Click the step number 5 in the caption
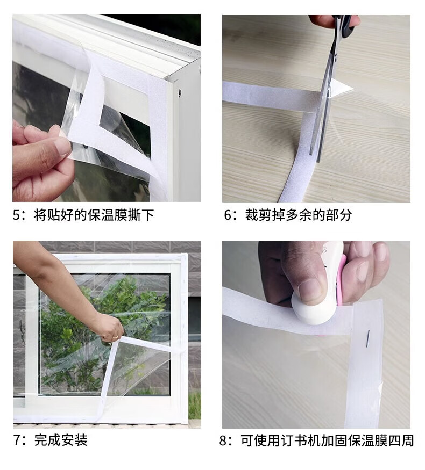coord(17,215)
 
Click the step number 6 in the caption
coord(228,215)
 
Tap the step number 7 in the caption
coord(17,440)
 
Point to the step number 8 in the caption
coord(223,440)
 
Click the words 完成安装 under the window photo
coord(61,440)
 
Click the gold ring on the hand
coord(115,337)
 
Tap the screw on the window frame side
coord(180,93)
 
